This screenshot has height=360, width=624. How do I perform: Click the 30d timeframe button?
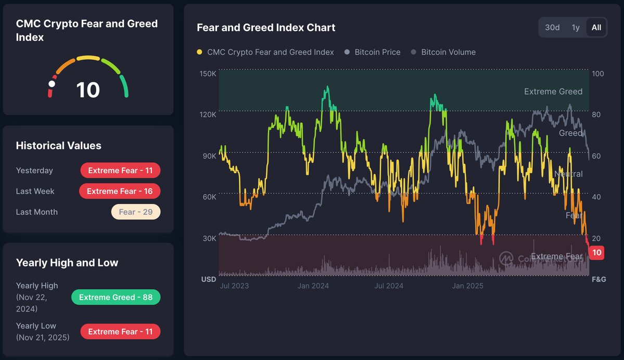click(552, 28)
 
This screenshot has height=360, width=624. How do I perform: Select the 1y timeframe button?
click(576, 28)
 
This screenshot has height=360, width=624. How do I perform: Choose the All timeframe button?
click(596, 28)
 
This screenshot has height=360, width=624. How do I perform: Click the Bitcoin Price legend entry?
click(377, 52)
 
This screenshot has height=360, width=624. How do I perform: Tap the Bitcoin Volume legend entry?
click(448, 52)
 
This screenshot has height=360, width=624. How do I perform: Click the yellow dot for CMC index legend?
click(200, 52)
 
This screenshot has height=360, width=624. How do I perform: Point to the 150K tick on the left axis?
click(208, 74)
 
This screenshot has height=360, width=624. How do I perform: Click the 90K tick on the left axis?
click(209, 156)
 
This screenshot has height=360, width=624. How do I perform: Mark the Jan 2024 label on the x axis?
click(313, 286)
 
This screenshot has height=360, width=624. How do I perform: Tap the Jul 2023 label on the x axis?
click(234, 286)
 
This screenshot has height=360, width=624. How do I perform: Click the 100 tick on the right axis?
click(598, 74)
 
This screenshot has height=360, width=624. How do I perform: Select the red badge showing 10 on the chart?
click(597, 253)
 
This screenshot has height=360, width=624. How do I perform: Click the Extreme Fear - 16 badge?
click(120, 191)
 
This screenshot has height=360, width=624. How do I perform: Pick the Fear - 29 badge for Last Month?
click(135, 212)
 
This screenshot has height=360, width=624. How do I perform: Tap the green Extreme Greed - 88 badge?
click(116, 297)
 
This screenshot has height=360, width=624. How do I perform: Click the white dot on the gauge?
click(52, 84)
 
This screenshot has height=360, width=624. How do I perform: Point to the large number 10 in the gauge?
click(88, 90)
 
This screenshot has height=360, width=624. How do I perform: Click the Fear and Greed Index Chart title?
click(266, 28)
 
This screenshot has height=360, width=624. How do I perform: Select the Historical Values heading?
click(58, 146)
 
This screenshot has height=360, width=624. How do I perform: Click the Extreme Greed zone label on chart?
click(553, 92)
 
